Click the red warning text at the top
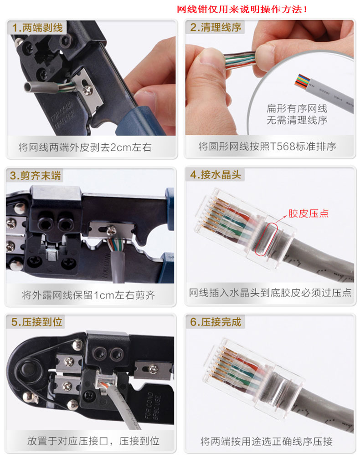coord(242,10)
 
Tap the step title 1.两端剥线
coord(37,28)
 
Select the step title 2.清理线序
coord(216,27)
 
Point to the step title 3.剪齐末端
coord(36,176)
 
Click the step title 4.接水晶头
coord(216,175)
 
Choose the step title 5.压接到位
coord(37,322)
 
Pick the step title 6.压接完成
coord(216,322)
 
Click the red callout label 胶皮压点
coord(308,214)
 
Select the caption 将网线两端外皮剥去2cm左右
coord(85,147)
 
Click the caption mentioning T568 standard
coord(267,146)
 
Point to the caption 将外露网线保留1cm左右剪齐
coord(88,295)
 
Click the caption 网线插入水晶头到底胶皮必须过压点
coord(270,292)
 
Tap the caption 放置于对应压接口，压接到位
coord(93,441)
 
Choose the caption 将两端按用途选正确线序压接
coord(267,441)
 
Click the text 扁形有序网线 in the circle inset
coord(297,109)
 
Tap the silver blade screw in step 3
coord(112,231)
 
